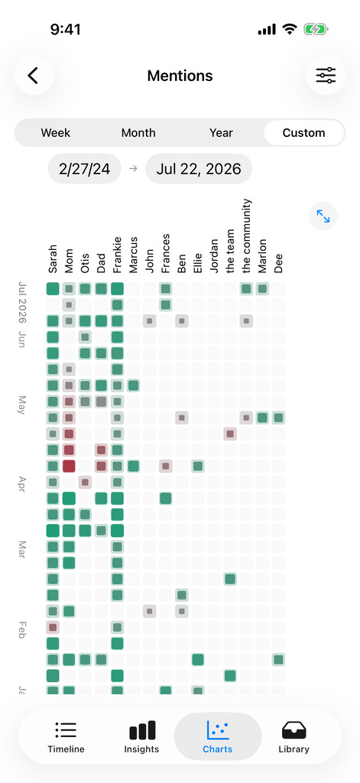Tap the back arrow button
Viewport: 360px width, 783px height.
34,76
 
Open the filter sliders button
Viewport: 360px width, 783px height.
326,76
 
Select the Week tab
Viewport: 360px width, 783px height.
56,133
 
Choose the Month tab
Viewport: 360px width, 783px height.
138,133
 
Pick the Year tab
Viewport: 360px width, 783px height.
221,133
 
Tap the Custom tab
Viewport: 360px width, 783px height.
303,133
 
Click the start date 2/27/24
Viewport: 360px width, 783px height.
84,169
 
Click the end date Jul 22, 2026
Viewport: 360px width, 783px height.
199,169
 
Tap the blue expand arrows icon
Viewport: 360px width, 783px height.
323,216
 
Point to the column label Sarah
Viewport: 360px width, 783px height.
53,259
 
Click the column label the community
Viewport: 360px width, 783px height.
245,236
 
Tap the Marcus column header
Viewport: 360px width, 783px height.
133,255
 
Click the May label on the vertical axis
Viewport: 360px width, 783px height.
22,405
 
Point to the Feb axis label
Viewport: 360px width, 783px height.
22,631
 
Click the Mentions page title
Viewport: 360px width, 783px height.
180,76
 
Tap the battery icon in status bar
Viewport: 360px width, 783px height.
316,30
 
